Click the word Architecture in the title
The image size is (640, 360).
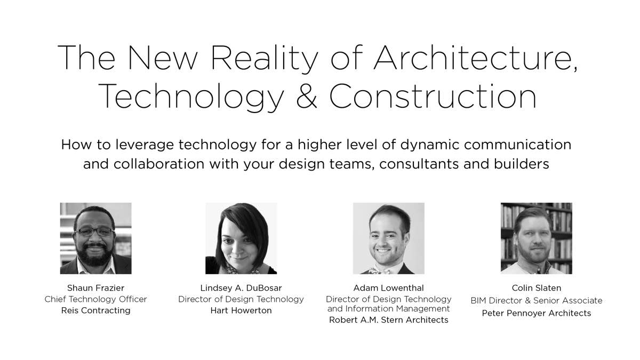[x=475, y=58]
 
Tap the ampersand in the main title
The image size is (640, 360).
[x=307, y=96]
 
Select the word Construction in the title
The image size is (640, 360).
[x=433, y=96]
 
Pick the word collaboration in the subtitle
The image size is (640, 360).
[x=159, y=164]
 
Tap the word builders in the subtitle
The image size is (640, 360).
[x=522, y=164]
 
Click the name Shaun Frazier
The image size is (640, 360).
[x=95, y=287]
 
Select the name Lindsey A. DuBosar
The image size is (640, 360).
[x=241, y=287]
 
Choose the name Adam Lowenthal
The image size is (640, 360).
[x=389, y=287]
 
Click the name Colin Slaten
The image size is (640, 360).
[x=537, y=287]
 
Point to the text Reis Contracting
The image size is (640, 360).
[x=95, y=310]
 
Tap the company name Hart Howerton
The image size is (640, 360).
[x=241, y=310]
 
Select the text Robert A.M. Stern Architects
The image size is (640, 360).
[x=389, y=319]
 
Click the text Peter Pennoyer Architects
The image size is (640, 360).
[x=537, y=313]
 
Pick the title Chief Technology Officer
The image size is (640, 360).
[x=95, y=299]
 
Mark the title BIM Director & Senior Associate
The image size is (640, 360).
[x=537, y=300]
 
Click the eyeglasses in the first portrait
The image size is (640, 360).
[x=95, y=231]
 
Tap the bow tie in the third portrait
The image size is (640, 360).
[x=380, y=271]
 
